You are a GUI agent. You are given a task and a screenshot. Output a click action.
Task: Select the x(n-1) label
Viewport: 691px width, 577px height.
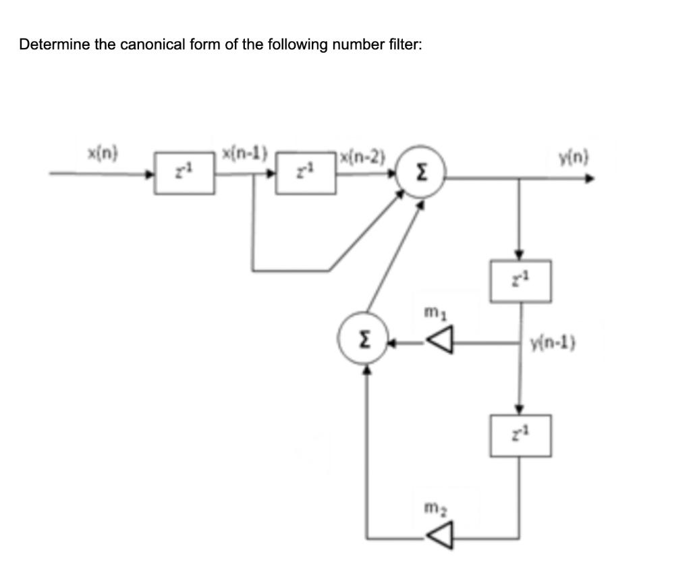[x=244, y=153]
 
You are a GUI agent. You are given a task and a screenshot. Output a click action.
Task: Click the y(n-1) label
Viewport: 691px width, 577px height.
[x=551, y=344]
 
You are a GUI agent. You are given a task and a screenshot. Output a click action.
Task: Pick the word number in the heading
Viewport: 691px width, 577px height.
[x=362, y=45]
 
